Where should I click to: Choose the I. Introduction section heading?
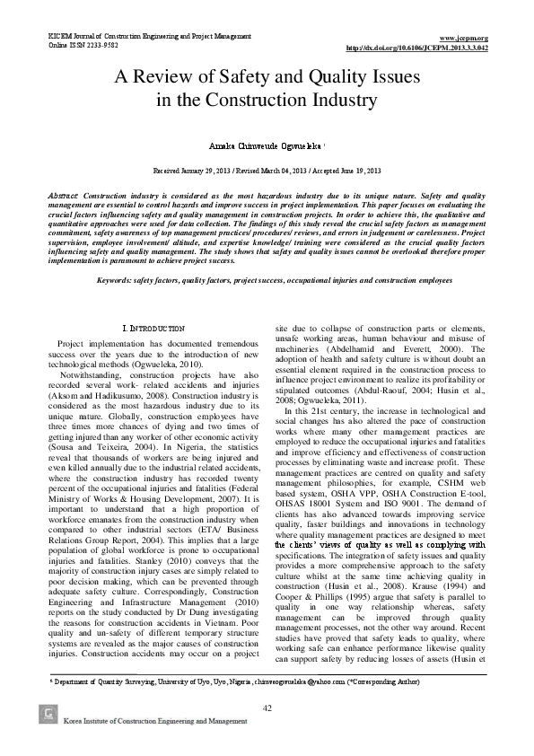pos(153,329)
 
